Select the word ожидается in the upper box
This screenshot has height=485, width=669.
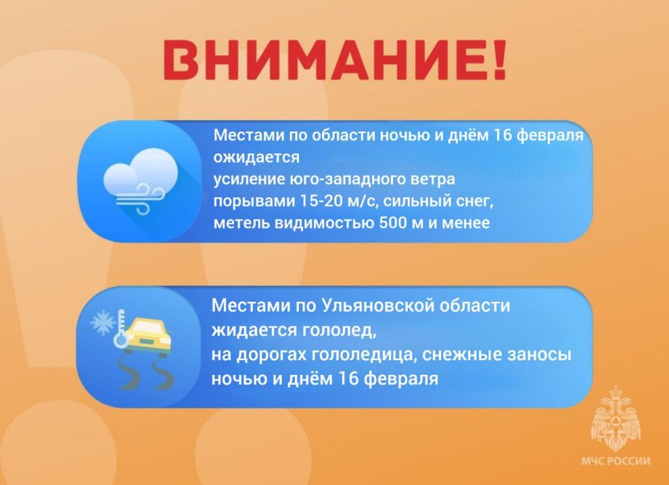coord(256,157)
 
